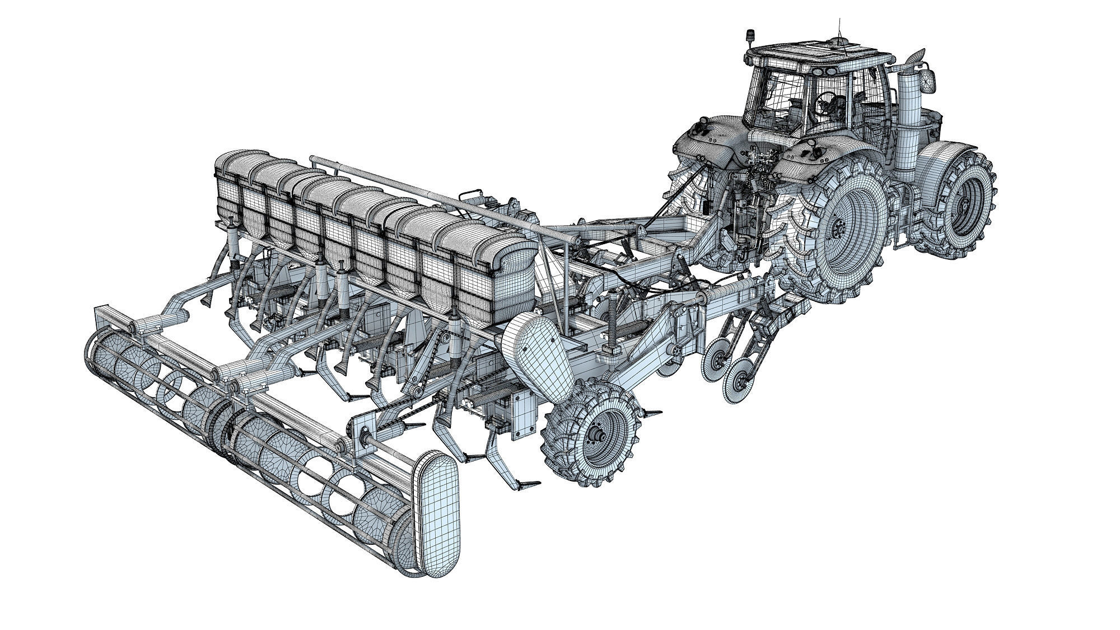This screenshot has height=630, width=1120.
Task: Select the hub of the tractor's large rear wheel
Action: coord(838,228)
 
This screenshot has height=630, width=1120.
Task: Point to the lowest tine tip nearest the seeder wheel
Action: coord(529,482)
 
